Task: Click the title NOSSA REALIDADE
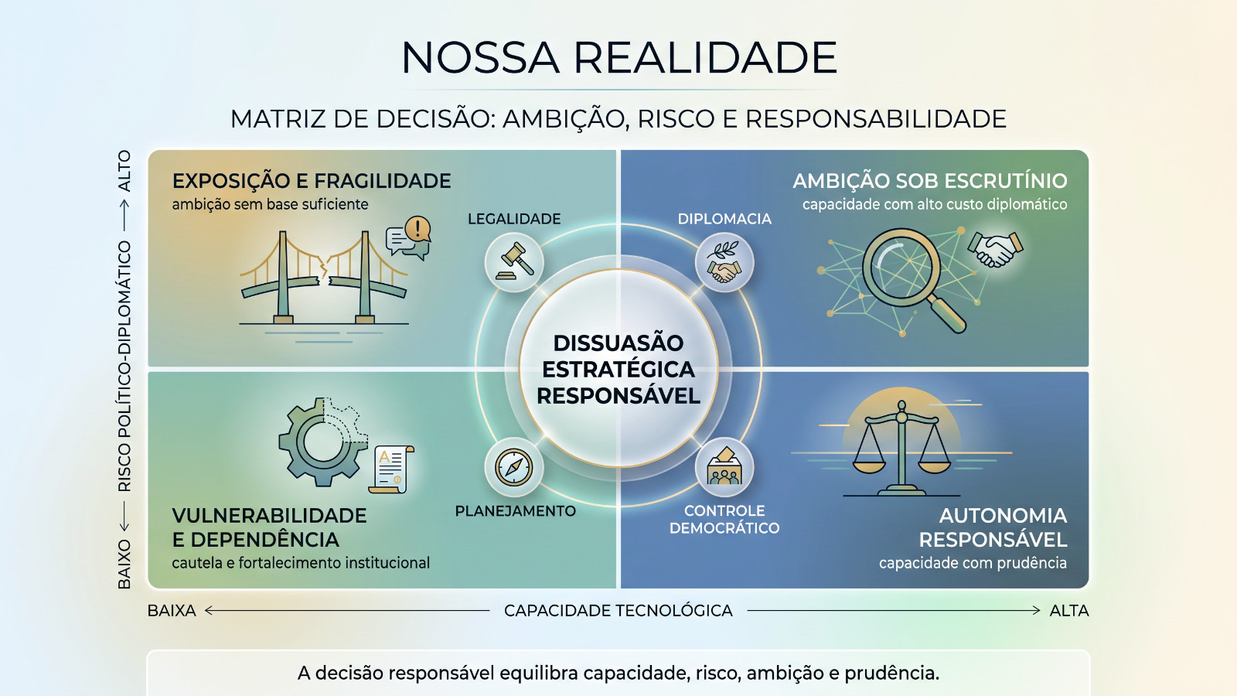tap(618, 57)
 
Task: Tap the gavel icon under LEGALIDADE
tap(514, 262)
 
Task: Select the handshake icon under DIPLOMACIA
tap(724, 262)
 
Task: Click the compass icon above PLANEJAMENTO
tap(514, 467)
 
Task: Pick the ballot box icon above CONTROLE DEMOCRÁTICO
tap(724, 467)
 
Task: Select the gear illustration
tap(323, 442)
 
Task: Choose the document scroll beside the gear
tap(391, 469)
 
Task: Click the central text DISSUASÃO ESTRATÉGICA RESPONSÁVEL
tap(618, 370)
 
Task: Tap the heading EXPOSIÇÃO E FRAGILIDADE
tap(312, 181)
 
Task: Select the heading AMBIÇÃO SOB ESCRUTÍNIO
tap(930, 181)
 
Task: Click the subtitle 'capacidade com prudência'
tap(973, 563)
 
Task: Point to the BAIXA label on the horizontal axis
tap(172, 610)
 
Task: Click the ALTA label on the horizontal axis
tap(1069, 610)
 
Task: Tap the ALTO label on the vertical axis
tap(124, 171)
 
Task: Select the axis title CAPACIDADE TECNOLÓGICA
tap(618, 610)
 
